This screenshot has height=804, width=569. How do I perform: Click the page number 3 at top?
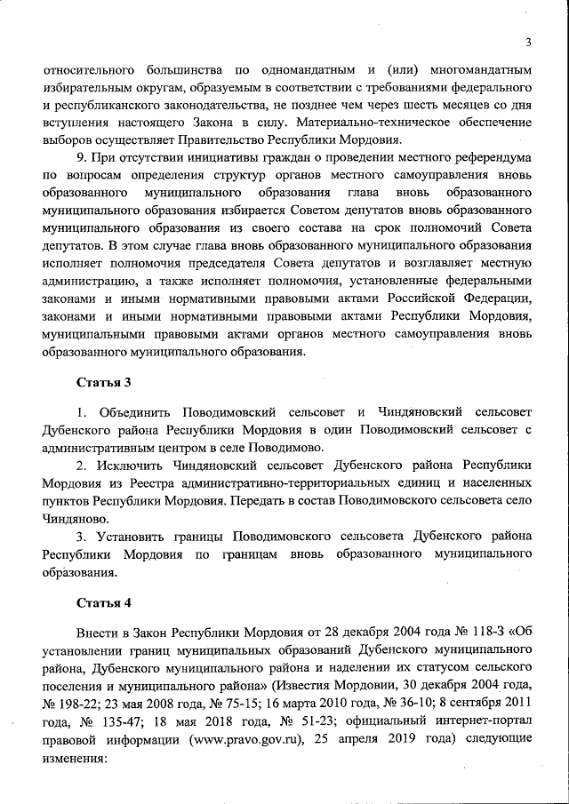(x=527, y=42)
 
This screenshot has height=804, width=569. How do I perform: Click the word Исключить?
(x=127, y=465)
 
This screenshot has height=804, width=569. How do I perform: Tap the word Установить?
(x=130, y=536)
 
